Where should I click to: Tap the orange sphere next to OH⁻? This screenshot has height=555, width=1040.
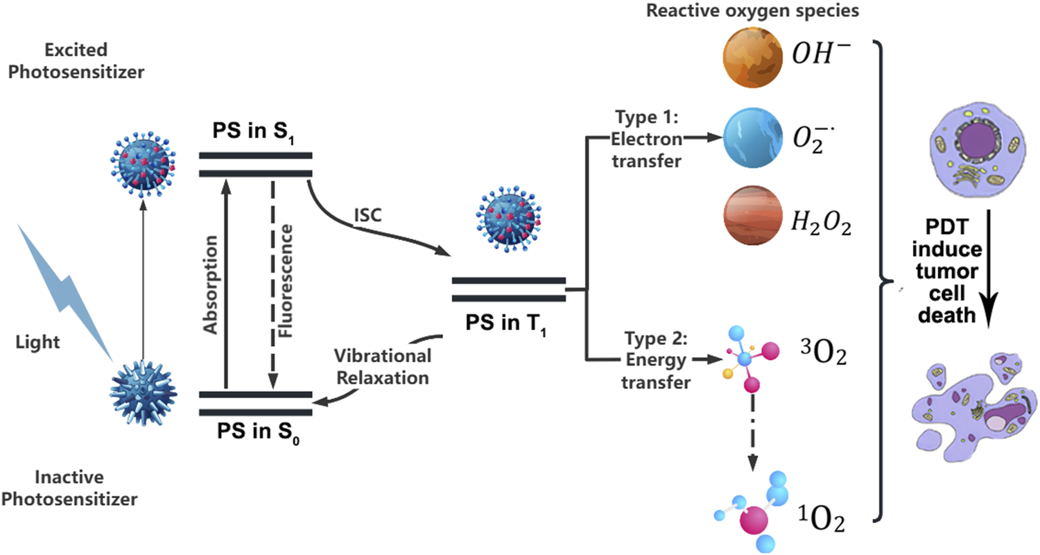(752, 62)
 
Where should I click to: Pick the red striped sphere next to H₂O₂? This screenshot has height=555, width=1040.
(752, 220)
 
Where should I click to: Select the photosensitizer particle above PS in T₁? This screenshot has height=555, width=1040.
(508, 222)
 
